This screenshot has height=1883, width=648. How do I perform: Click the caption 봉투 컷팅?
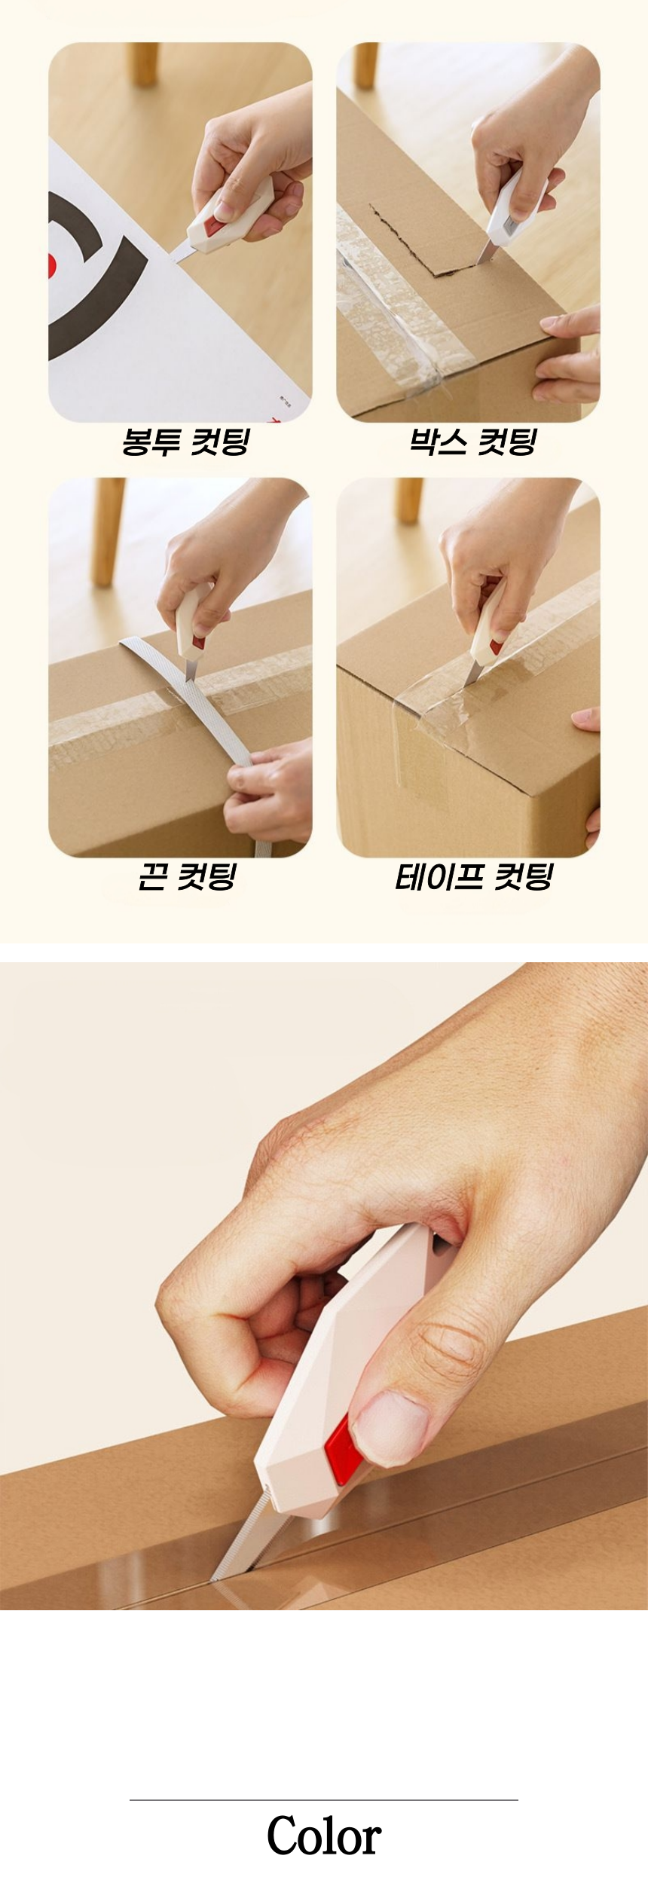tap(185, 442)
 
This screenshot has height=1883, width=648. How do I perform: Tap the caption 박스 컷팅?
tap(472, 442)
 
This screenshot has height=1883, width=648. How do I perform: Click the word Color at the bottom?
tap(324, 1837)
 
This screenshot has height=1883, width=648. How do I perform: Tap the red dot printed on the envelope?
tap(52, 264)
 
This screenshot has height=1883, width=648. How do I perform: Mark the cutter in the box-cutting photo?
tap(506, 217)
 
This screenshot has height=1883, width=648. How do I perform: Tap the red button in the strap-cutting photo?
tap(198, 643)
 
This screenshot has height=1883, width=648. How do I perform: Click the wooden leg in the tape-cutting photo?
tap(410, 499)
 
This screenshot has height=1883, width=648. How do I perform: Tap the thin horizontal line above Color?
tap(324, 1799)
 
